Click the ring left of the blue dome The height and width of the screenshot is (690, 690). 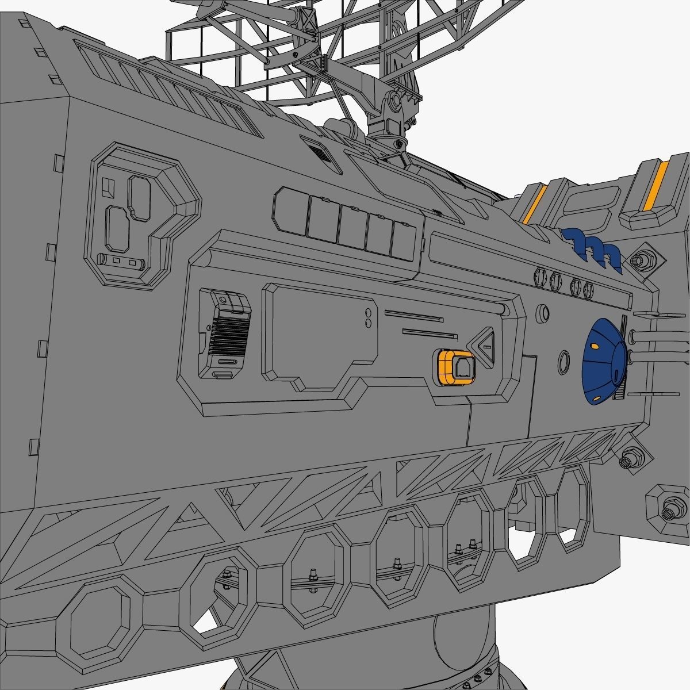point(564,362)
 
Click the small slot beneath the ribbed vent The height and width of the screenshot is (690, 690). point(223,375)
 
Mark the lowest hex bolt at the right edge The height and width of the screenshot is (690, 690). point(668,512)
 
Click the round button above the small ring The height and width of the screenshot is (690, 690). point(542,313)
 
